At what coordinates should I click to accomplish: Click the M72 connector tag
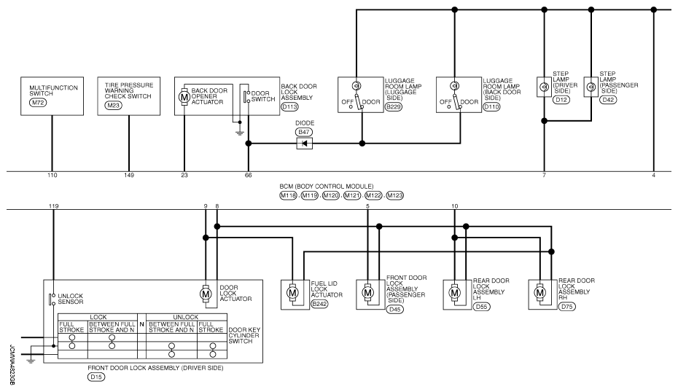38,103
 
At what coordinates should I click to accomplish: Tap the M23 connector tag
113,106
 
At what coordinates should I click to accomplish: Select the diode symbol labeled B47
305,144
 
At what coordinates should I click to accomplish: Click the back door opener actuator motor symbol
184,97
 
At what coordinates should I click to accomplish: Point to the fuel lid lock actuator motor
293,293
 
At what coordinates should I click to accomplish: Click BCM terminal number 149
129,176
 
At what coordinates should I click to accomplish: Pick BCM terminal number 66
248,176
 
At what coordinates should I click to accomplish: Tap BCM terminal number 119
54,206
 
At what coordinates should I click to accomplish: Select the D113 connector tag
289,107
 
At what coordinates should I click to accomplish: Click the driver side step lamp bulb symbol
544,87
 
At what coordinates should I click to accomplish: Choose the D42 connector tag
608,100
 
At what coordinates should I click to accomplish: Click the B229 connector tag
394,107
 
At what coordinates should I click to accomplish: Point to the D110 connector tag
491,107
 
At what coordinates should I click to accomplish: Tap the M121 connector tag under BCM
352,195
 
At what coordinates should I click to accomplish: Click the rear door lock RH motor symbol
539,293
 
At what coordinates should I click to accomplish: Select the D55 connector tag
481,307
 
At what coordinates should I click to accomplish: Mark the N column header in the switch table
142,324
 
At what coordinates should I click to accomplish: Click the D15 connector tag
96,377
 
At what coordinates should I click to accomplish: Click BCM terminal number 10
454,206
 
